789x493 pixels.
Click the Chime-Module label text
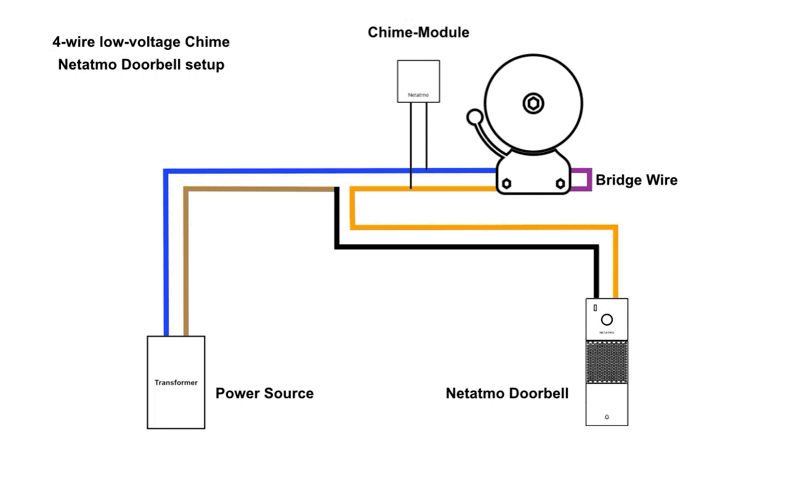pyautogui.click(x=418, y=32)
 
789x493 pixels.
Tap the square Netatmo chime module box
pyautogui.click(x=418, y=81)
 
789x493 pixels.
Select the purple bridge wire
pyautogui.click(x=589, y=179)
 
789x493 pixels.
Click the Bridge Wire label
pyautogui.click(x=636, y=180)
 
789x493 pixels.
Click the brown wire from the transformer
pyautogui.click(x=186, y=259)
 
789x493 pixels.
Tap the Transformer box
pyautogui.click(x=176, y=382)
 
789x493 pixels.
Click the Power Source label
pyautogui.click(x=264, y=393)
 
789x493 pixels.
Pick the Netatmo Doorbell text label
pyautogui.click(x=507, y=393)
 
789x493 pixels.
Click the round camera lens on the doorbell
pyautogui.click(x=607, y=319)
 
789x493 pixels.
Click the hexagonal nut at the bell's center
pyautogui.click(x=533, y=103)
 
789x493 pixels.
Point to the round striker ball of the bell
pyautogui.click(x=475, y=116)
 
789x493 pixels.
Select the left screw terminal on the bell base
pyautogui.click(x=507, y=183)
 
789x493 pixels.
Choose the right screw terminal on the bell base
pyautogui.click(x=560, y=183)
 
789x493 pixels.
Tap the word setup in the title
pyautogui.click(x=205, y=65)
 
